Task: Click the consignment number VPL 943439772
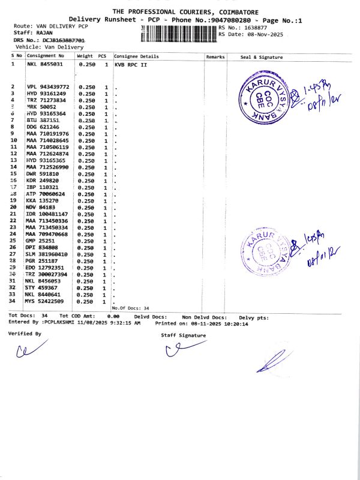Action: pyautogui.click(x=48, y=87)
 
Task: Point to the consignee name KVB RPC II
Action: pyautogui.click(x=130, y=64)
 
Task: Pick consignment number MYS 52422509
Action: pyautogui.click(x=46, y=301)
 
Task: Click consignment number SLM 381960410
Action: pyautogui.click(x=48, y=254)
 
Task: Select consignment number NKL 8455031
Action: pyautogui.click(x=44, y=64)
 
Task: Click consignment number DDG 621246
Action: pyautogui.click(x=42, y=127)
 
